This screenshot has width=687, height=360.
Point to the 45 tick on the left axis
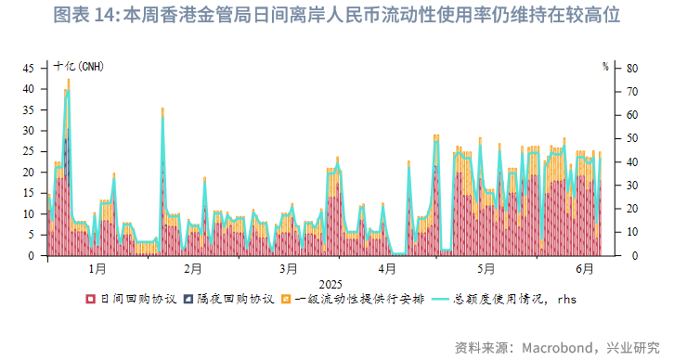[29, 68]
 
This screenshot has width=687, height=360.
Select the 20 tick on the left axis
[29, 173]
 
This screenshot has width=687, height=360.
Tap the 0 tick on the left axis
[32, 255]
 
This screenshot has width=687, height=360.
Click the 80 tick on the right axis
[632, 68]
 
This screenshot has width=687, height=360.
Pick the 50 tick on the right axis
[632, 138]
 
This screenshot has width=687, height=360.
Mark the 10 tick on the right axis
[632, 232]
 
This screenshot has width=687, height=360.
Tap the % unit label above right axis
[605, 67]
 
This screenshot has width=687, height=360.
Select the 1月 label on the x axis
[97, 269]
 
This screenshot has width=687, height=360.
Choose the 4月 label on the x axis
[387, 269]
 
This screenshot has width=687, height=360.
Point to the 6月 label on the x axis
[584, 269]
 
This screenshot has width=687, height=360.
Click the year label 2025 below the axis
[331, 283]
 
